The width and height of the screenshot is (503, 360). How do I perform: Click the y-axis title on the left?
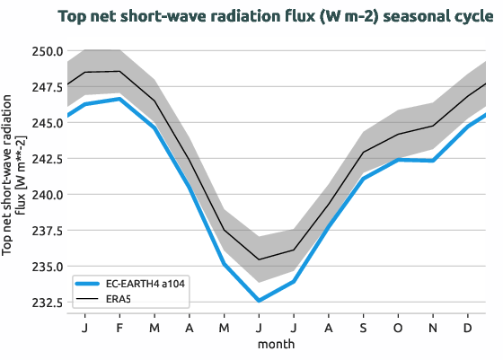click(x=13, y=176)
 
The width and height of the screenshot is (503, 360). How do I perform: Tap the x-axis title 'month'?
click(x=277, y=343)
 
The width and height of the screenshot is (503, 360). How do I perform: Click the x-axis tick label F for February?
click(x=119, y=327)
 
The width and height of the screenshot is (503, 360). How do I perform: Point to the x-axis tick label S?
click(x=364, y=327)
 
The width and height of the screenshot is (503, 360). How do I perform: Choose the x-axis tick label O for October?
click(x=399, y=327)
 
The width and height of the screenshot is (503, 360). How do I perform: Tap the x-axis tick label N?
click(x=434, y=327)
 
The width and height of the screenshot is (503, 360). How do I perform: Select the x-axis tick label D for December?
click(x=469, y=327)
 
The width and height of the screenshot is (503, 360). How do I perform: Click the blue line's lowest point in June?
click(x=259, y=301)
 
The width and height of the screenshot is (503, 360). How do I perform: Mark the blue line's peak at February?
click(x=119, y=99)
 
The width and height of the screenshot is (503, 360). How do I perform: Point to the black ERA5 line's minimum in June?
click(x=259, y=259)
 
